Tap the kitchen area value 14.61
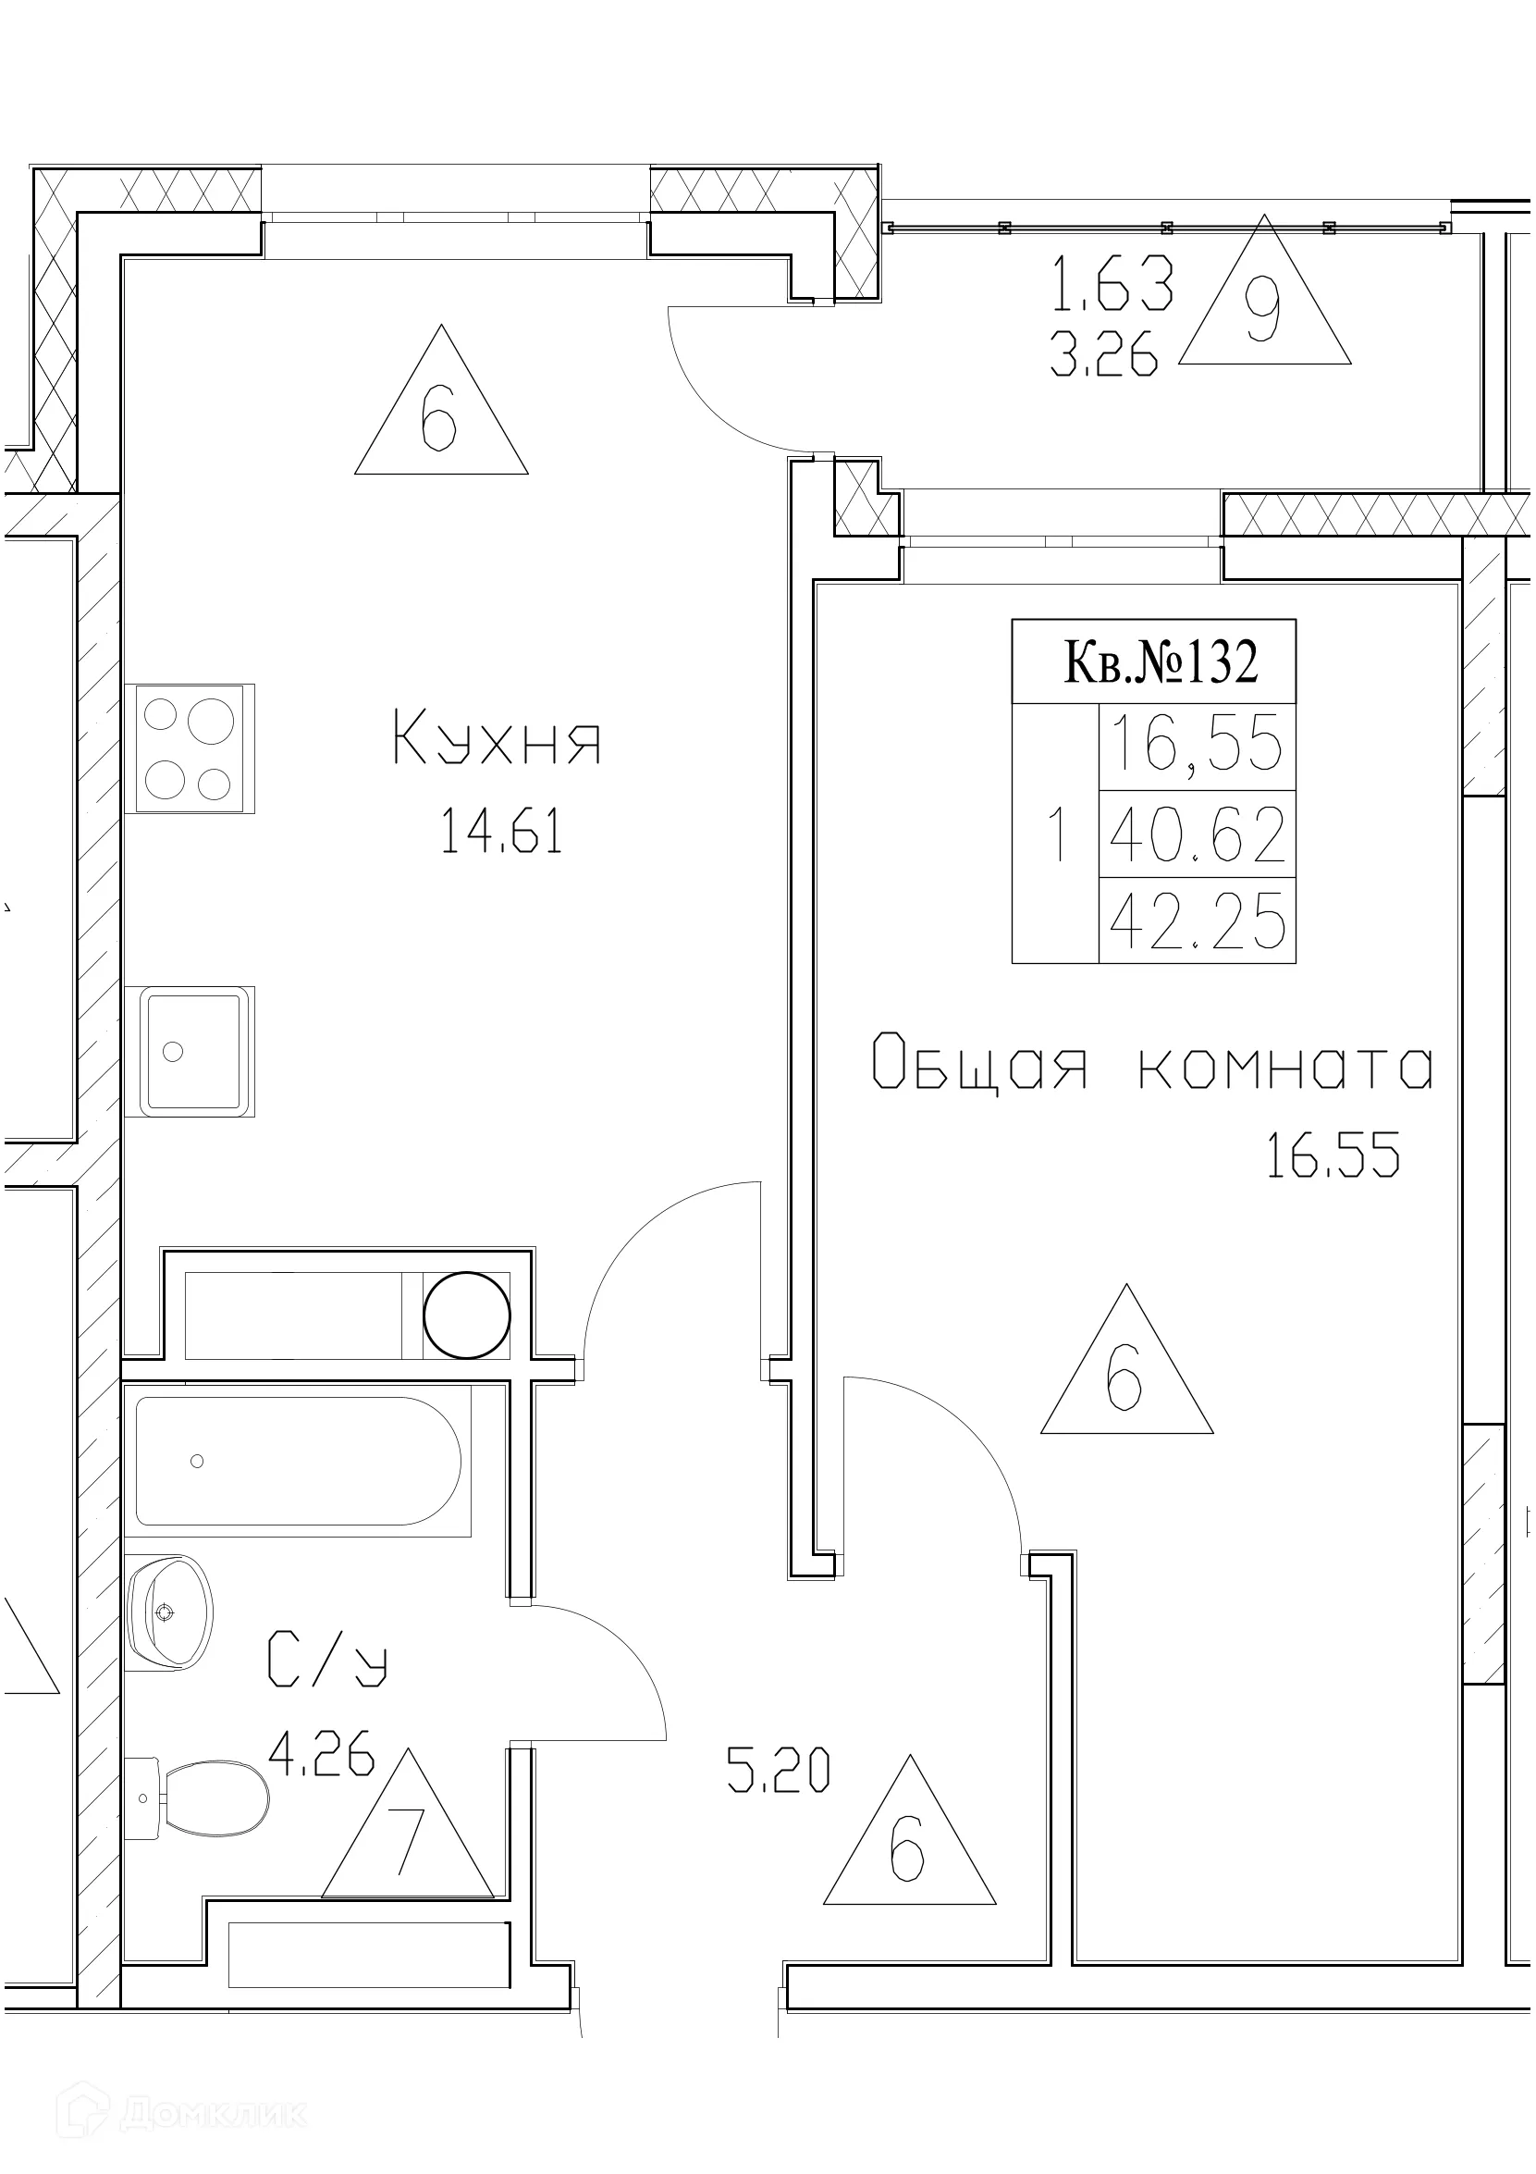click(x=501, y=834)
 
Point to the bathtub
click(x=298, y=1461)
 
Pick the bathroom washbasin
click(x=168, y=1612)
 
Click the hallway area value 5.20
click(x=778, y=1770)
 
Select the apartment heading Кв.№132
click(x=1161, y=661)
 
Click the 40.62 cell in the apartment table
click(x=1198, y=834)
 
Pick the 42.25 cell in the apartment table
click(x=1198, y=920)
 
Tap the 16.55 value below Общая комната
click(x=1333, y=1157)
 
